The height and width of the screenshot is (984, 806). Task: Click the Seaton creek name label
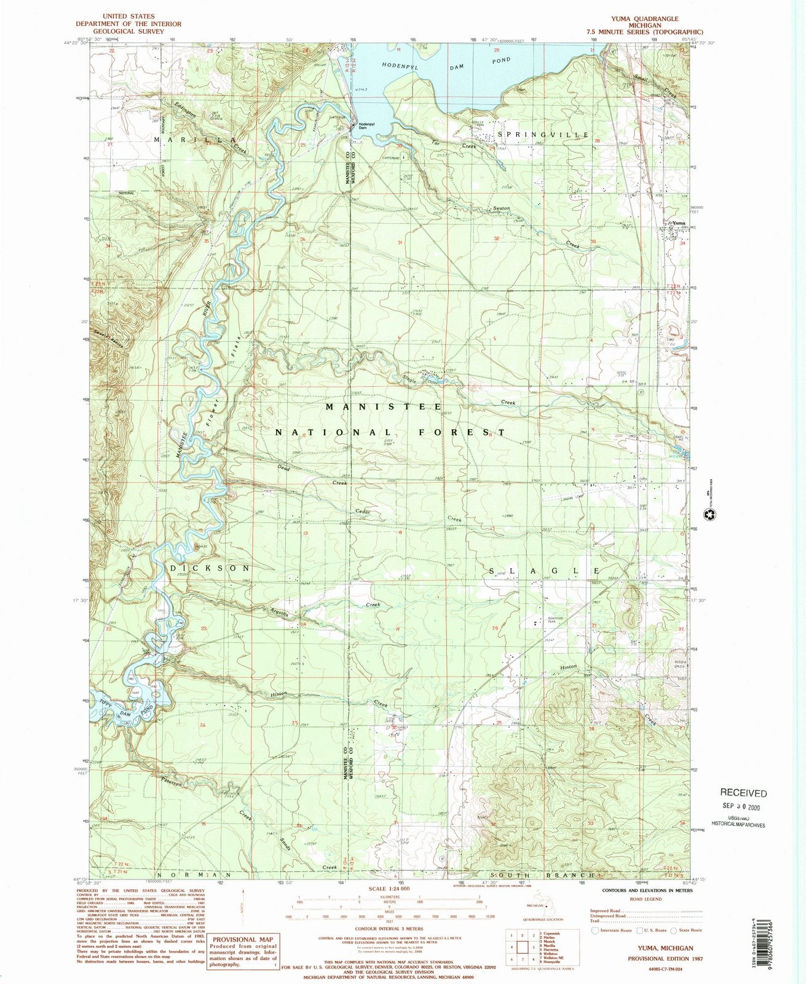point(501,208)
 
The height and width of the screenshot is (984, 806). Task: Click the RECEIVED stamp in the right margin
point(743,793)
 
